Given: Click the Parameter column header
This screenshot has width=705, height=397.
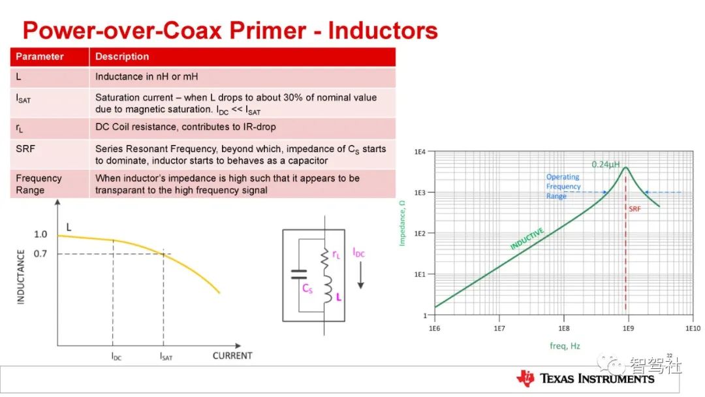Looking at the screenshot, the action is pos(40,57).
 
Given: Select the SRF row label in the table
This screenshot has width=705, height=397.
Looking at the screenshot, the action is pos(25,149).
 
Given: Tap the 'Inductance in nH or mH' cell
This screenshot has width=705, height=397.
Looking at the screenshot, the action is pos(147,77).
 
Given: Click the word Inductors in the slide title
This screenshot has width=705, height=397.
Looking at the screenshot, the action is pos(383,31).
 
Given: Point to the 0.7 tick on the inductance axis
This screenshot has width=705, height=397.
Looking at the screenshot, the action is pos(40,254).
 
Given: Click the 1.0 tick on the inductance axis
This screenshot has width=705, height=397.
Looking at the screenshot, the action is pos(40,234).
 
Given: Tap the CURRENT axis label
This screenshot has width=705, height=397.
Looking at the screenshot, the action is pos(232,356).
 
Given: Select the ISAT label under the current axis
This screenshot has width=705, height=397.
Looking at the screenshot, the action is pos(166,357).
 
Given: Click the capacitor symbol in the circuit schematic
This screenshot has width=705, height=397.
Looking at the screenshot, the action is pos(299,275).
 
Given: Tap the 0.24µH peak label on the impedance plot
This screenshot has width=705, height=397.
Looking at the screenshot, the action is pos(605,165).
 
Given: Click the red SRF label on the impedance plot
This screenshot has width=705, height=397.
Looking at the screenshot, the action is pos(634,209).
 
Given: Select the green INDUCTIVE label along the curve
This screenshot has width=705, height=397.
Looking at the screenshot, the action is pos(527,238).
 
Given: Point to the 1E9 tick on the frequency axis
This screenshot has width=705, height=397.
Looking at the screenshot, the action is pos(628,328).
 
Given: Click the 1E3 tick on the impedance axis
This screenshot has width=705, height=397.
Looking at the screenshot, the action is pos(420,193).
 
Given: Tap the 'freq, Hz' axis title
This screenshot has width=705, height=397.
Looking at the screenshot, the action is pos(565,346).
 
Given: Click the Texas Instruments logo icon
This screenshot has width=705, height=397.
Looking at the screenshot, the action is pos(525,379).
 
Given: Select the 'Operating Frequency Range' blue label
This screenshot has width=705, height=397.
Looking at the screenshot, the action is pos(563,186).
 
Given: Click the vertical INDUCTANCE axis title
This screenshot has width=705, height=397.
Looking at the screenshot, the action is pos(21,277).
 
